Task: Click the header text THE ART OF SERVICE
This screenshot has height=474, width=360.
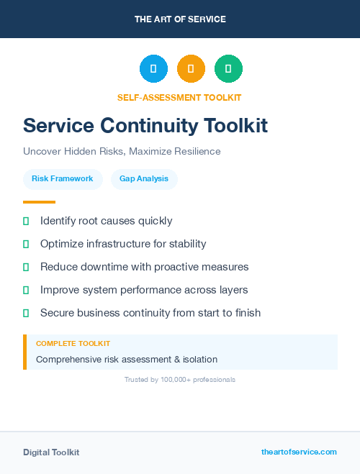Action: click(180, 19)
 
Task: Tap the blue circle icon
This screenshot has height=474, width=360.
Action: click(153, 69)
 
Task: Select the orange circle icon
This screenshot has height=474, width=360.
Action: click(191, 69)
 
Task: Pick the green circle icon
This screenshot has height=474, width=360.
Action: click(228, 69)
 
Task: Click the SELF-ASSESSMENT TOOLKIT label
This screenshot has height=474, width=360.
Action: click(180, 97)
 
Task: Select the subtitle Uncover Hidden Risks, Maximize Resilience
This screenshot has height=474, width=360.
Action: click(122, 152)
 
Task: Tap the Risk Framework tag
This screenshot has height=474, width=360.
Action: click(63, 178)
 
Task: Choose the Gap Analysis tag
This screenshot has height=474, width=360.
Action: click(144, 178)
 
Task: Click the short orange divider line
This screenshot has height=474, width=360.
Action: click(39, 202)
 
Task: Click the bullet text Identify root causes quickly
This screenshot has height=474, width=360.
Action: click(106, 221)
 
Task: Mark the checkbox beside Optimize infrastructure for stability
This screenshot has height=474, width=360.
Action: click(26, 244)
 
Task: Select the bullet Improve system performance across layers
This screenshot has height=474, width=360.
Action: click(144, 290)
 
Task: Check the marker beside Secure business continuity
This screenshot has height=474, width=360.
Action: click(26, 313)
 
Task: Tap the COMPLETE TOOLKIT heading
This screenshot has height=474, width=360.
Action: click(73, 344)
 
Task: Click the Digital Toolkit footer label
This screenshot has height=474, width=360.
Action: click(51, 452)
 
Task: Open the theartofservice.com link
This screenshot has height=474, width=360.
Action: click(299, 452)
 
